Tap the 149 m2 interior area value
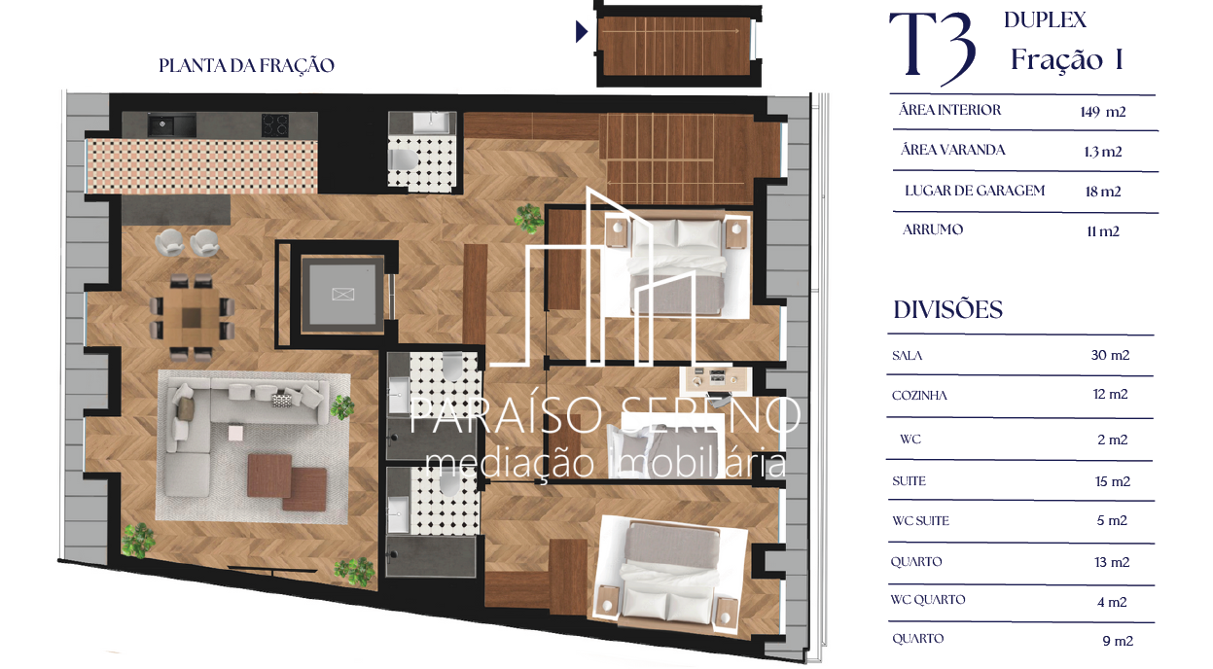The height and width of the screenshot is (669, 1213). pos(1102,112)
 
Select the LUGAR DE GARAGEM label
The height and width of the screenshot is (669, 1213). pos(974,191)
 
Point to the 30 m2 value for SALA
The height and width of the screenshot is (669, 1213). pos(1110,355)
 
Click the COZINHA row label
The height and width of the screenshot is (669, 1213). pos(919,396)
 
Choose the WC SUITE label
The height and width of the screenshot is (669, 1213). pos(920,520)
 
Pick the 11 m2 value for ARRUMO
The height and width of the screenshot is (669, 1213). pos(1102,231)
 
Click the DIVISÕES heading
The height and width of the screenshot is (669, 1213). pos(947,309)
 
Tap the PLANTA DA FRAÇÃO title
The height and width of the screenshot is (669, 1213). pos(246,65)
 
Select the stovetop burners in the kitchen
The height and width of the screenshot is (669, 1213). pos(275,125)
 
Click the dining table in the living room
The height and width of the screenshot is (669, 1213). pos(192,317)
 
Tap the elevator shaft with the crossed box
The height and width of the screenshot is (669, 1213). pos(342,294)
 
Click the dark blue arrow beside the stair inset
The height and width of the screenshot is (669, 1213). pos(581,31)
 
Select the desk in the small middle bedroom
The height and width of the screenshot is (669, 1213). pos(715,379)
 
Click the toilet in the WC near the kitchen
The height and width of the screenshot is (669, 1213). pos(404,158)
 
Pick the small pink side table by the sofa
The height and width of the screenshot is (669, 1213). pos(235,433)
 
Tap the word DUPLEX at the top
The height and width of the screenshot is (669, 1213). pos(1045,20)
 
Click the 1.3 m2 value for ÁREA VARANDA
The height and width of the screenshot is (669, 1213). pos(1102,152)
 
